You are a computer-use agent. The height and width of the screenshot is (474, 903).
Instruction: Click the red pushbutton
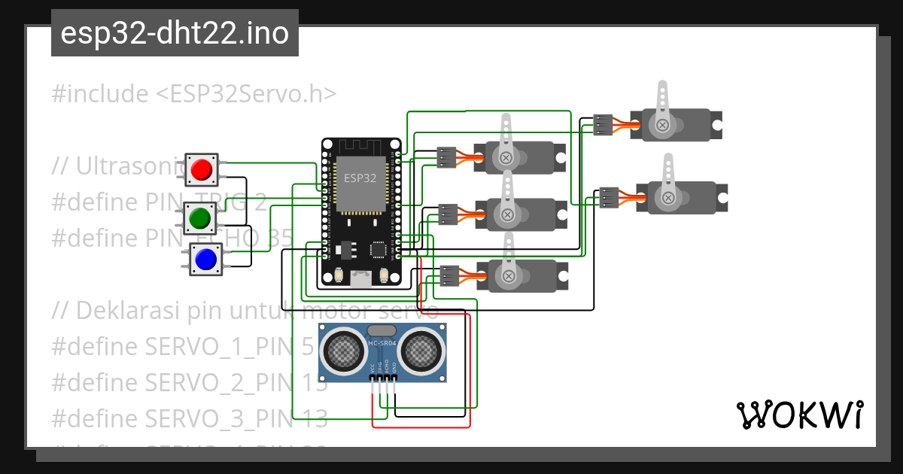tap(201, 170)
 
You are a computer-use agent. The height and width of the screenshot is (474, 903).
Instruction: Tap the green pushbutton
tap(199, 218)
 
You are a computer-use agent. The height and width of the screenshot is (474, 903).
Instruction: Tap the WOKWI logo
tap(799, 415)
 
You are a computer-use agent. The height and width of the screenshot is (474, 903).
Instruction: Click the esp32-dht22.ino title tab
tap(175, 33)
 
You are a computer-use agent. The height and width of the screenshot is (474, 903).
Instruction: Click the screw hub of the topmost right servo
tap(662, 125)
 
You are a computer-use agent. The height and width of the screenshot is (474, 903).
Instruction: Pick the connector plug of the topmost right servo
tap(603, 125)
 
